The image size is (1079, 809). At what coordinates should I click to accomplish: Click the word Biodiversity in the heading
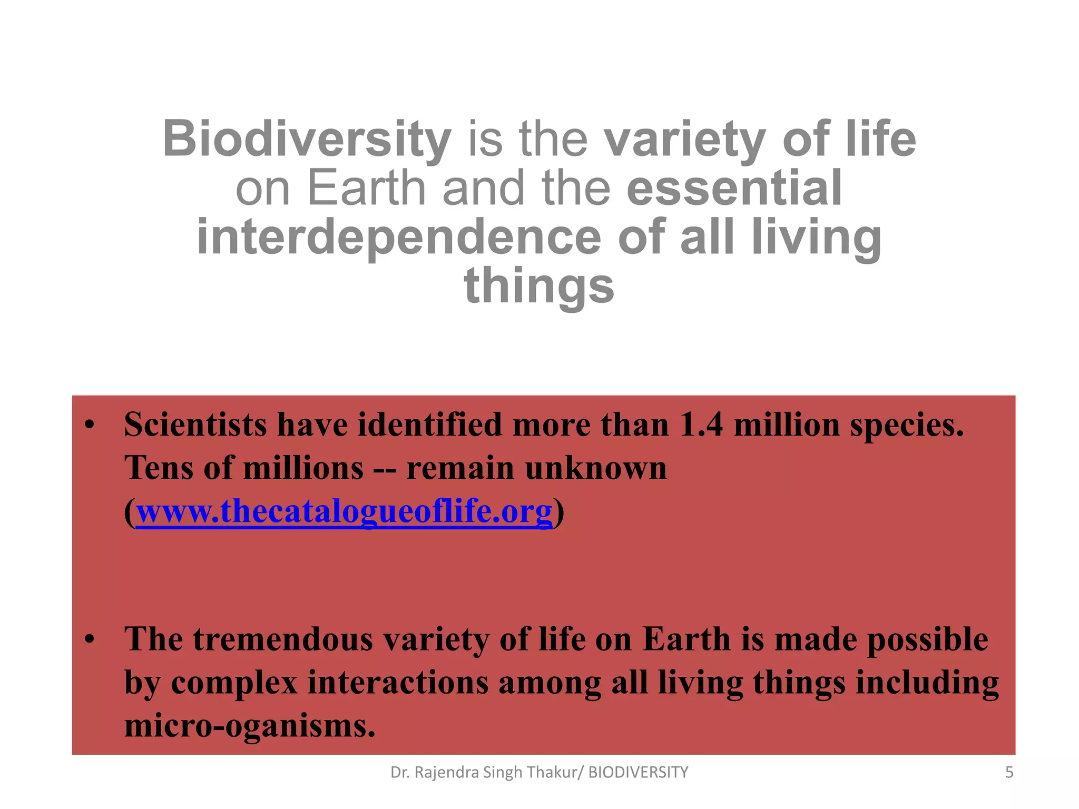(307, 139)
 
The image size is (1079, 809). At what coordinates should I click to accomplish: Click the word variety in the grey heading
(684, 139)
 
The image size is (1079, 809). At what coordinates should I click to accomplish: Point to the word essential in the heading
(734, 188)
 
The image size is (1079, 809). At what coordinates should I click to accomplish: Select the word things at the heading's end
(539, 285)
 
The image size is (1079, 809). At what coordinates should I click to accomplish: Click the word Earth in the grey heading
(366, 188)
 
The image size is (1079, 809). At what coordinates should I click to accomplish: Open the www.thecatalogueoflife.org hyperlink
(344, 511)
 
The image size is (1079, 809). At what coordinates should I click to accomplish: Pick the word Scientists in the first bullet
(195, 425)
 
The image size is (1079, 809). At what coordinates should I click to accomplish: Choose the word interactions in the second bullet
(398, 683)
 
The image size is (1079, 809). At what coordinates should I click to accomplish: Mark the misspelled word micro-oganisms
(250, 726)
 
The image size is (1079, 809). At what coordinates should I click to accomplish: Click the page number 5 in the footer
(1009, 773)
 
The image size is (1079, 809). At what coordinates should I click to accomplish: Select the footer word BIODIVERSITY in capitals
(638, 773)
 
